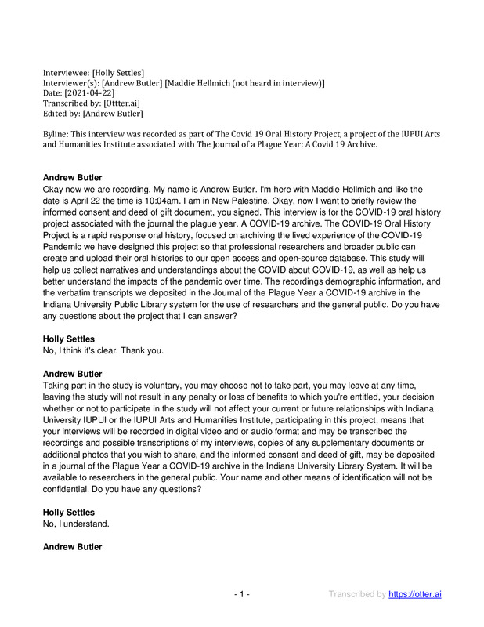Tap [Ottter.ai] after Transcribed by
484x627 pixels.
pyautogui.click(x=121, y=104)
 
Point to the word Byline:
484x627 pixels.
pyautogui.click(x=59, y=135)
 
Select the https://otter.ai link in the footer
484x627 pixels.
pyautogui.click(x=415, y=594)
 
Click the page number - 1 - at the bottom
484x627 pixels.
pyautogui.click(x=242, y=594)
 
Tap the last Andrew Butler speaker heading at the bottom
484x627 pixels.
pyautogui.click(x=72, y=546)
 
